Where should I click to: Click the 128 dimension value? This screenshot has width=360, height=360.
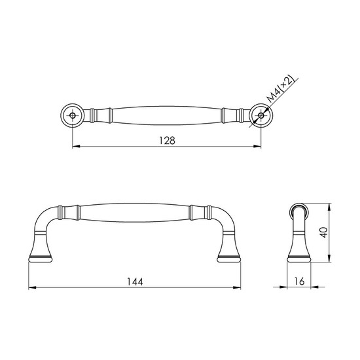coord(167,141)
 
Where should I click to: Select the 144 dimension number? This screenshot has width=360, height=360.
coord(135,281)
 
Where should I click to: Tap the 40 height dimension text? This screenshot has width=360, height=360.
coord(323,232)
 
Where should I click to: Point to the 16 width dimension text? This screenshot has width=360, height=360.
coord(299,281)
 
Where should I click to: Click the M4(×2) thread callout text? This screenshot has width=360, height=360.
coord(281,88)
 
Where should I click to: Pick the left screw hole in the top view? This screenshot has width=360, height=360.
coord(72,115)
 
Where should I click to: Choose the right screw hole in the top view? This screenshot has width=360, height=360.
coord(261,115)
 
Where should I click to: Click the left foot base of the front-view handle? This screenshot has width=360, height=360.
coord(40,259)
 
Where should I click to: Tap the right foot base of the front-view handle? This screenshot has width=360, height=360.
coord(228,259)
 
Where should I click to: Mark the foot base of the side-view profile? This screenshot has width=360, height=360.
coord(299,259)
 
